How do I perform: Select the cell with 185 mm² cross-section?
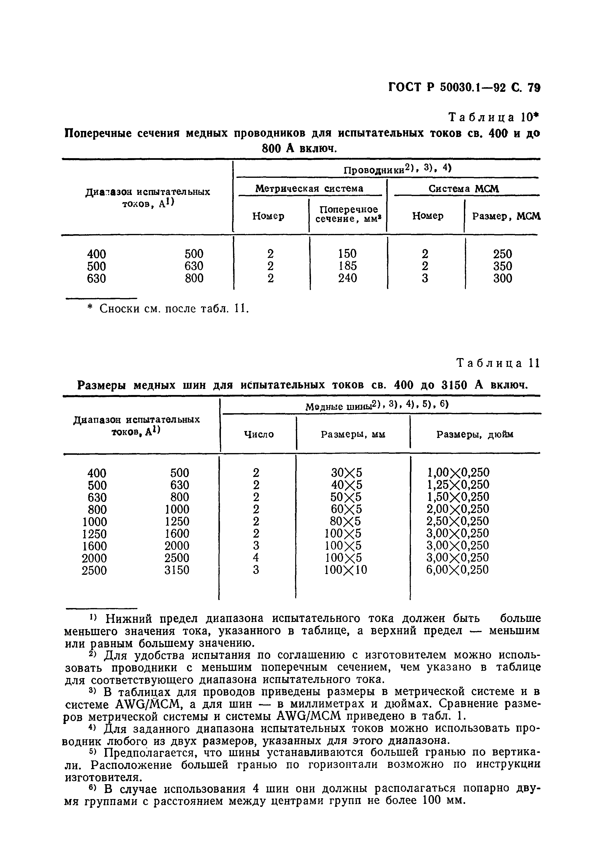click(x=347, y=266)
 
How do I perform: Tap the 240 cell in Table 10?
click(x=347, y=278)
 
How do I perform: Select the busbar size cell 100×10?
click(x=345, y=570)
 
